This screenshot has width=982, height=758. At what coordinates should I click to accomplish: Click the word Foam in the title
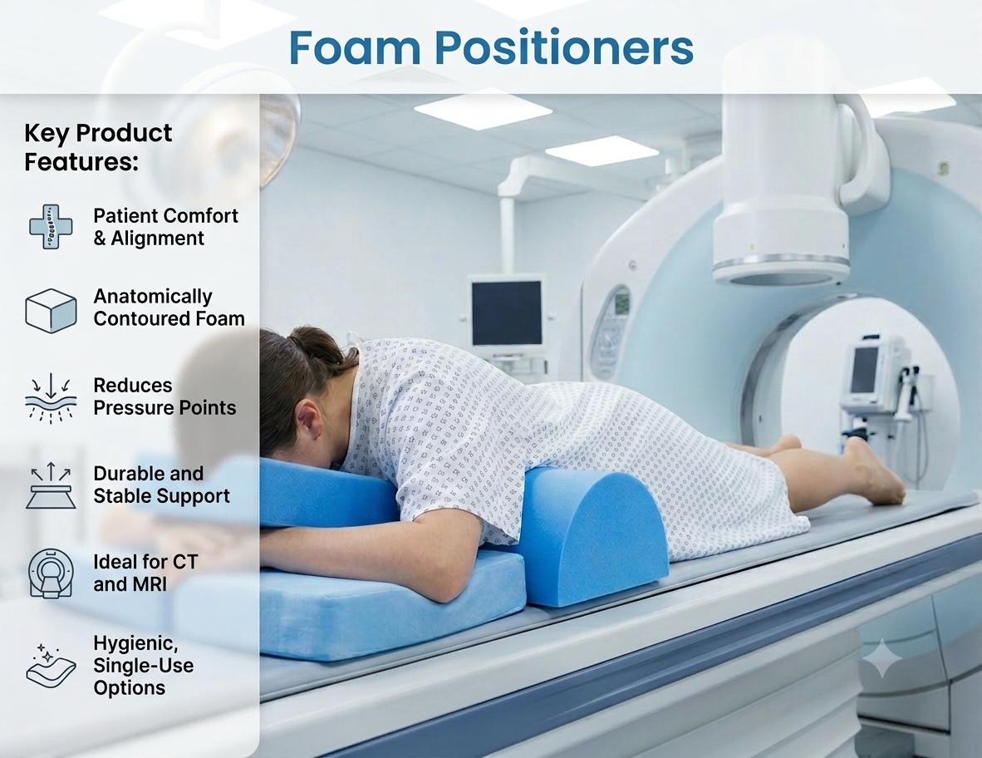tap(355, 47)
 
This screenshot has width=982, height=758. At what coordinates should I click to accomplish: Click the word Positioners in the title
tap(564, 47)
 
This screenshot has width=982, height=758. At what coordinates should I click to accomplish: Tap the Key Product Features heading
tap(98, 147)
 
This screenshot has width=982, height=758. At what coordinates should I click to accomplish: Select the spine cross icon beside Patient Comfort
tap(51, 226)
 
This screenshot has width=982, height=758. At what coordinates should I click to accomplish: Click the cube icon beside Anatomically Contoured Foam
tap(51, 310)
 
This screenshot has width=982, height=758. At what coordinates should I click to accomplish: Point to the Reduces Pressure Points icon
tap(51, 397)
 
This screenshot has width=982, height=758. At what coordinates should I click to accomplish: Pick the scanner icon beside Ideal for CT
tap(51, 573)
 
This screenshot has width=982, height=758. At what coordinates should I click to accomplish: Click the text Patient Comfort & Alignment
tap(166, 227)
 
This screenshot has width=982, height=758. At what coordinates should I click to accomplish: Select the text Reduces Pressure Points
tap(164, 396)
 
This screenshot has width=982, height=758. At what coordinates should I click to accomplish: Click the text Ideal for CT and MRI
tap(145, 573)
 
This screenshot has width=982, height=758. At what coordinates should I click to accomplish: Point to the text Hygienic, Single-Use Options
tap(144, 665)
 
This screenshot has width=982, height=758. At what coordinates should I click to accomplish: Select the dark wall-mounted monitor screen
tap(507, 313)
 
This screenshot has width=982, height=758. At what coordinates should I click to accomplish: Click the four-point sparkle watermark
tap(882, 658)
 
